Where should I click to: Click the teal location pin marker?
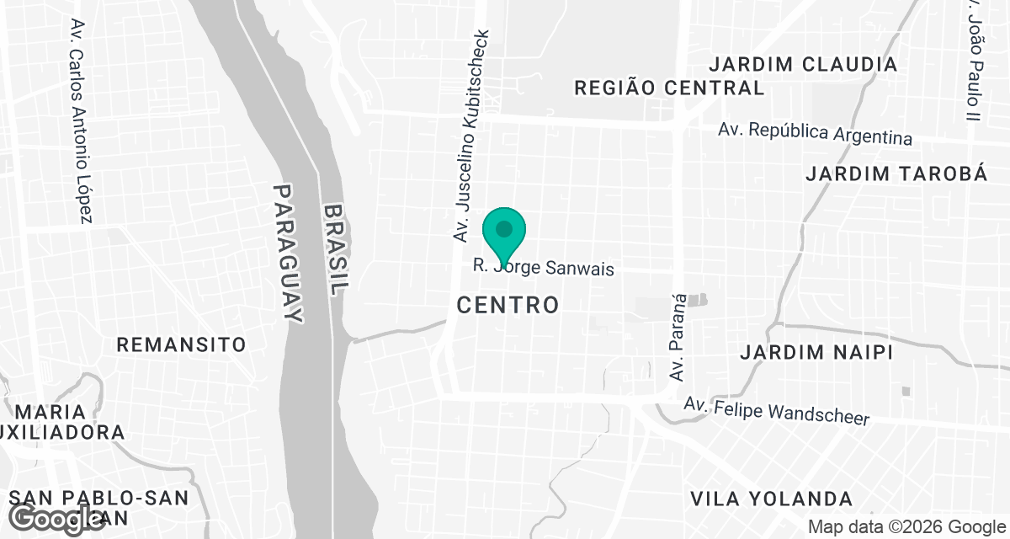[x=504, y=232]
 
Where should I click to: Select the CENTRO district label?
[x=508, y=305]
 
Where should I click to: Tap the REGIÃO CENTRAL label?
[x=668, y=88]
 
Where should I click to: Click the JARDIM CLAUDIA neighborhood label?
[x=803, y=64]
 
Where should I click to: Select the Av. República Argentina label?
[x=815, y=133]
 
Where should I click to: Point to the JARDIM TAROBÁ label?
[x=896, y=173]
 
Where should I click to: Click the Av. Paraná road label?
[x=678, y=337]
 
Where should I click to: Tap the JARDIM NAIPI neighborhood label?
[x=816, y=352]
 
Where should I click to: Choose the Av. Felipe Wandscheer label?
[x=775, y=412]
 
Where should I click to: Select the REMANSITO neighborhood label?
[x=181, y=344]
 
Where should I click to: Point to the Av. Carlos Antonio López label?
[x=80, y=121]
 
